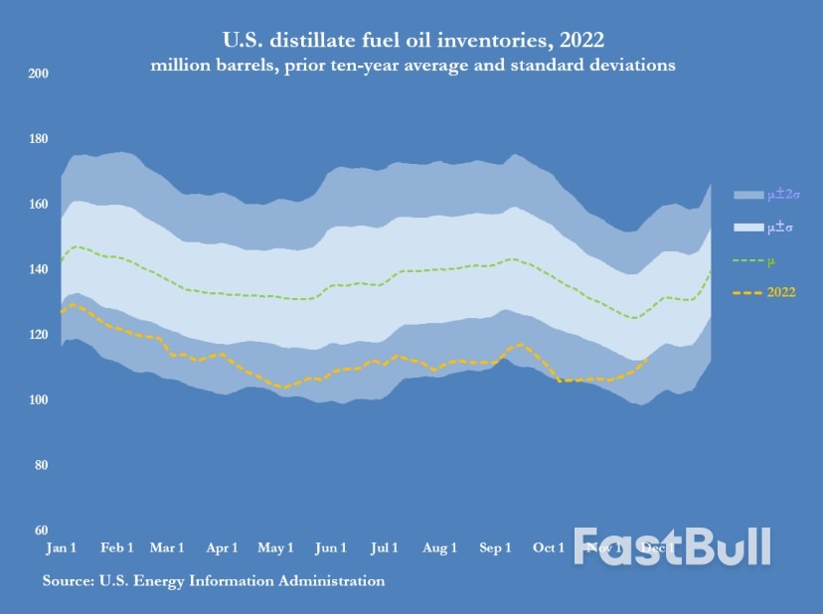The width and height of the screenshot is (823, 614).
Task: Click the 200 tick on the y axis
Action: (x=38, y=74)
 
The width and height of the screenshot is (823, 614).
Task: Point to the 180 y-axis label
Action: (x=38, y=139)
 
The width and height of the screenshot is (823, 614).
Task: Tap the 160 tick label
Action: (x=38, y=205)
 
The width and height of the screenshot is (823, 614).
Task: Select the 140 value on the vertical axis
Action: (x=38, y=269)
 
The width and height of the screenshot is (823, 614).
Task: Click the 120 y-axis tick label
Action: (x=38, y=335)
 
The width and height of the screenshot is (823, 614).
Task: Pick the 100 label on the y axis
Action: (x=38, y=400)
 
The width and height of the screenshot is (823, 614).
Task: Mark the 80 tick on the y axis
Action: (x=40, y=465)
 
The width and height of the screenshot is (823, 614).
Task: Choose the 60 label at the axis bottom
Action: (x=40, y=531)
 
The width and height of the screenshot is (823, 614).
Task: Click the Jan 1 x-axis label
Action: (x=62, y=548)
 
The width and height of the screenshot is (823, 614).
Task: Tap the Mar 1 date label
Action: (x=166, y=548)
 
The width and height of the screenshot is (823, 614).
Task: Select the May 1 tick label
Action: (x=275, y=548)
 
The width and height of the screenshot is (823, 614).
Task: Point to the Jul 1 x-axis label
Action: (x=385, y=548)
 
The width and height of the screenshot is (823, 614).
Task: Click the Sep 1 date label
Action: (x=495, y=548)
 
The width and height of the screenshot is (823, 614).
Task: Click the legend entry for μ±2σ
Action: (x=762, y=194)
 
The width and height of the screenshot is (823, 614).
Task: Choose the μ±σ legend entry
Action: (x=762, y=228)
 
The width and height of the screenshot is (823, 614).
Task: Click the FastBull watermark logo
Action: (x=672, y=546)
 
